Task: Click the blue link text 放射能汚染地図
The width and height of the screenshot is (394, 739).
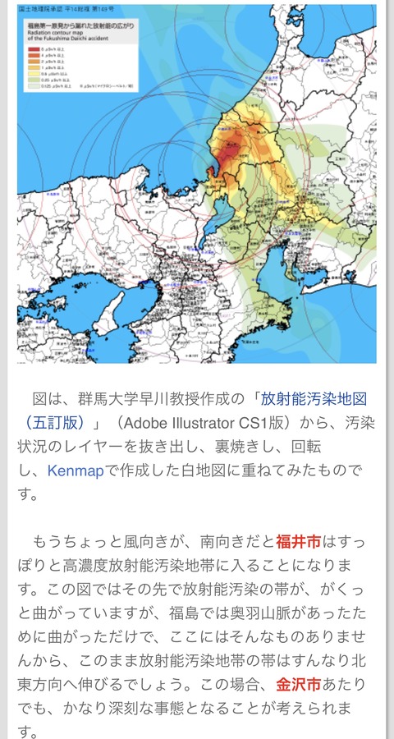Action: click(x=313, y=399)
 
